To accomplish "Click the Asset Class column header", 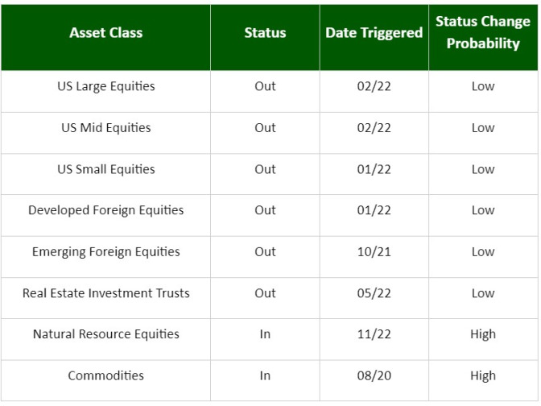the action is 106,33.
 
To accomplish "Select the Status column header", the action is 265,33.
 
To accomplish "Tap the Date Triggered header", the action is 374,33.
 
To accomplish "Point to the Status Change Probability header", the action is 483,32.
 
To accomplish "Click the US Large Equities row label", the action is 106,86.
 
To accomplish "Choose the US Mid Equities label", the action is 106,128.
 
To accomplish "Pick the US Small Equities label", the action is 106,169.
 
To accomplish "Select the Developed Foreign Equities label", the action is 106,210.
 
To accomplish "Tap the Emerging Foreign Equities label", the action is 106,251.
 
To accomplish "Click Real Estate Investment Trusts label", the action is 106,293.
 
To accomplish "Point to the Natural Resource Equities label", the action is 106,334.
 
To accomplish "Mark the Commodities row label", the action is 106,375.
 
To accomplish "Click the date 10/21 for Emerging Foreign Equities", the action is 374,251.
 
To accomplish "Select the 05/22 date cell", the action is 374,293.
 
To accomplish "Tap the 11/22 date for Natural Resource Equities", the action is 374,334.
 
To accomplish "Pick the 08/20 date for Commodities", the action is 374,375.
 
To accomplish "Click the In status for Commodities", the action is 265,375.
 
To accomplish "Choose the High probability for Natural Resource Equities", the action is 483,334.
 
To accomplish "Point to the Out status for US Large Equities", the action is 265,86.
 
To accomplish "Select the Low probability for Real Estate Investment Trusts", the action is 483,293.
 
